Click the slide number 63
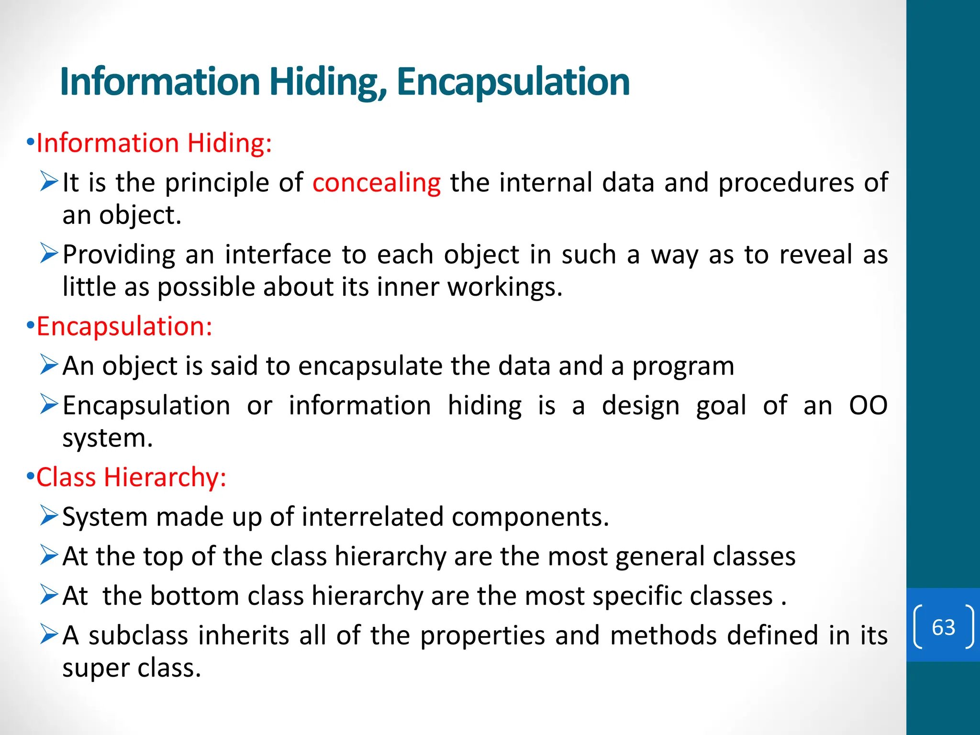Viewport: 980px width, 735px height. [943, 627]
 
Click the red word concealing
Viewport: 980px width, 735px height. [377, 183]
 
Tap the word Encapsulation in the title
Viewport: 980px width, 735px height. [512, 82]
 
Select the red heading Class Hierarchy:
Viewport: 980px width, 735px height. [131, 477]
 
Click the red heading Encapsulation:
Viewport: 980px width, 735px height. [124, 326]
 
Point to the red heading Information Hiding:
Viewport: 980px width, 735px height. [154, 143]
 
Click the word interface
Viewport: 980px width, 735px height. [278, 255]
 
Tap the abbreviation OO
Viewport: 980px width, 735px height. [868, 406]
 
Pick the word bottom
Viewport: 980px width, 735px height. [195, 596]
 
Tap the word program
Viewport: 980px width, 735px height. [683, 367]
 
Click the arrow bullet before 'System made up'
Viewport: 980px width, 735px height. [49, 516]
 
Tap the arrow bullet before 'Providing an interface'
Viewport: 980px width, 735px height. [49, 253]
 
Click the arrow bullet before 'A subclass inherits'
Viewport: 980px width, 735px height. [49, 634]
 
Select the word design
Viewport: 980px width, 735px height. [640, 406]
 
